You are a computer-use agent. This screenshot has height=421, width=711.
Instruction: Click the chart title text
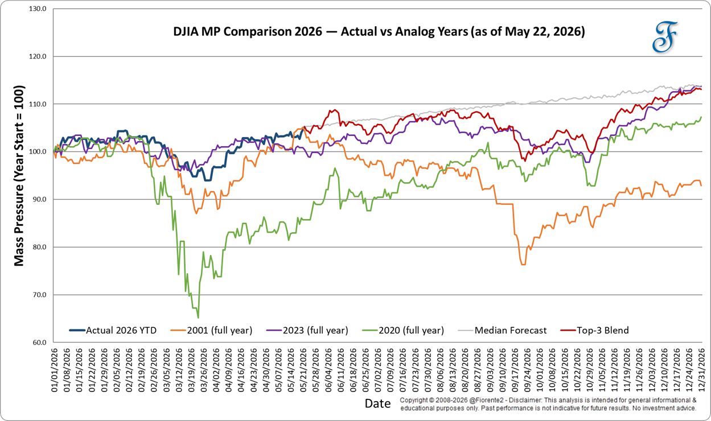379,32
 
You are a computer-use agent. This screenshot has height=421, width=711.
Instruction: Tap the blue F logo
665,37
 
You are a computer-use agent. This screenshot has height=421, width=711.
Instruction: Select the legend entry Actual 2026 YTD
113,331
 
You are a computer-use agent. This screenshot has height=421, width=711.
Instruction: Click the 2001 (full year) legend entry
211,331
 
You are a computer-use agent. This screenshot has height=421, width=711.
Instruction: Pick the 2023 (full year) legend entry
307,331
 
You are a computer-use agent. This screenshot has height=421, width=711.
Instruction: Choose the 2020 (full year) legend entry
403,331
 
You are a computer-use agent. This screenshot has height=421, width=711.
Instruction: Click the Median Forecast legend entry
503,331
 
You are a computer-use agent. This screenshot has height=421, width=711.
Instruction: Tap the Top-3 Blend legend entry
594,331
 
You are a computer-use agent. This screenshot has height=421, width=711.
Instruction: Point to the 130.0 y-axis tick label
38,9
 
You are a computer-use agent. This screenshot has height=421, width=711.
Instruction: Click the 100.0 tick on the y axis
38,152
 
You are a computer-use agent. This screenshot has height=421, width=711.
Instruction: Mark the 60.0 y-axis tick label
39,342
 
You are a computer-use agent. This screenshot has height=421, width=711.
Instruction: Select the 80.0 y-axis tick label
39,247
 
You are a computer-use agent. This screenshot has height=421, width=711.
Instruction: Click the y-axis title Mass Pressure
19,175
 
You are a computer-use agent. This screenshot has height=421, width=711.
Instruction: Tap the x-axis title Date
378,403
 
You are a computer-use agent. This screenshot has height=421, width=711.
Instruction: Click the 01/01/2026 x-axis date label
54,370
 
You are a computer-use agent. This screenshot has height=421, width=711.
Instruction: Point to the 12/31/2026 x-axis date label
701,370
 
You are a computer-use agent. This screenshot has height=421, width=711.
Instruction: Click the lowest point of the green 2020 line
198,318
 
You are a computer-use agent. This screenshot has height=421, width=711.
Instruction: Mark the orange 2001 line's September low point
523,265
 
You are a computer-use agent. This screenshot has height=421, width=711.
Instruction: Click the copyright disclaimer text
549,404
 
